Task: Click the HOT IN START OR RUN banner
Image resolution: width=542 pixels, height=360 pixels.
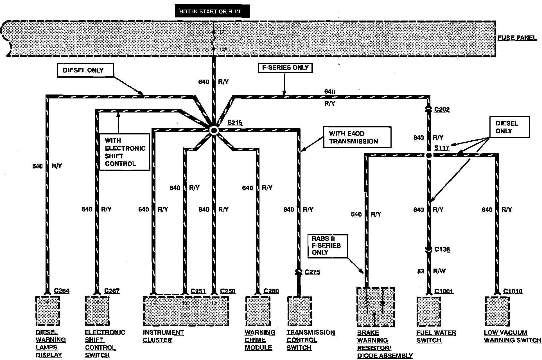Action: [212, 11]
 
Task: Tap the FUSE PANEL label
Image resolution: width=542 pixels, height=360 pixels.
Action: [517, 38]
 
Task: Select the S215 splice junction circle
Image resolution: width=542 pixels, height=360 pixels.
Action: [214, 130]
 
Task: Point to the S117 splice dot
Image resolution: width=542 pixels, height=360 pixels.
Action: [428, 155]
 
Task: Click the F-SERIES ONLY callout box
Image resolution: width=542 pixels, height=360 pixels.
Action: [285, 68]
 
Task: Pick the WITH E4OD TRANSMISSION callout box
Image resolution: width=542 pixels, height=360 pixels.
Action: [357, 137]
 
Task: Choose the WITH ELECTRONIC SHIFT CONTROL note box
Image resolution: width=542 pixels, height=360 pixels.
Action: [125, 152]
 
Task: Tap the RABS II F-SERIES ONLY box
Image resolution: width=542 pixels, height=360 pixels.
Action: [328, 246]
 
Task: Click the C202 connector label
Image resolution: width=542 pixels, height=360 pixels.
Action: [442, 109]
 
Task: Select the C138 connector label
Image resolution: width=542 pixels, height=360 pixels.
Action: [442, 249]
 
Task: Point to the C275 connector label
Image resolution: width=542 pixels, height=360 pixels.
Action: [312, 272]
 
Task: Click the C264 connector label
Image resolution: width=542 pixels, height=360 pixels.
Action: [61, 291]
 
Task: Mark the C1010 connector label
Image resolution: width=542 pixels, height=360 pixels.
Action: [512, 291]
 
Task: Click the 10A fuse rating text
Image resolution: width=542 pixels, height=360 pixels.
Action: [223, 49]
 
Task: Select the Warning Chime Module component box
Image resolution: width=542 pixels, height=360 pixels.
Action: [258, 311]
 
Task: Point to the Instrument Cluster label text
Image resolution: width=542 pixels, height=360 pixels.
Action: [163, 336]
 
